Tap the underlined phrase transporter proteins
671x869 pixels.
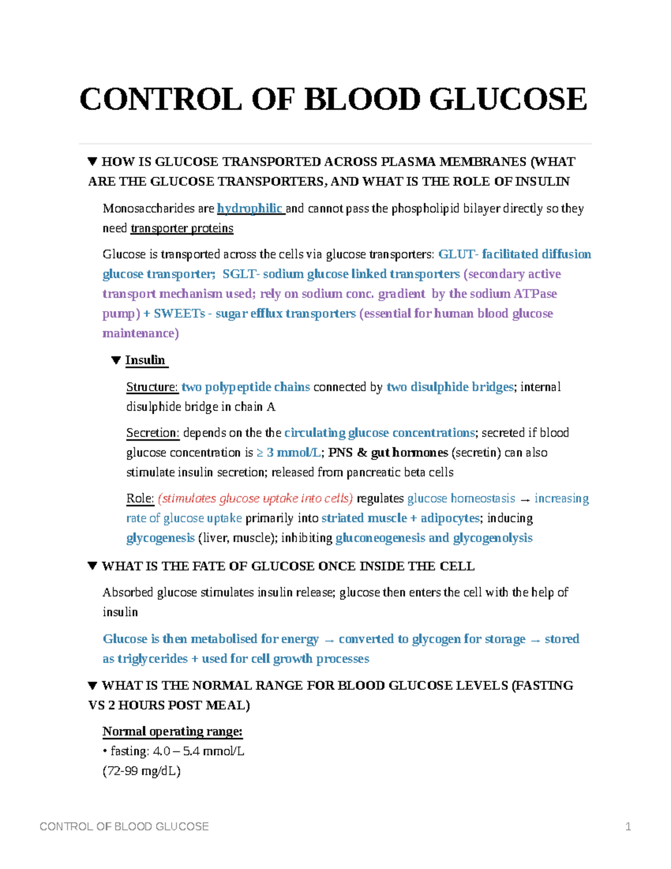(182, 228)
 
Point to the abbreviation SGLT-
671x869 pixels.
(241, 274)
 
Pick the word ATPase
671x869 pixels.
(535, 294)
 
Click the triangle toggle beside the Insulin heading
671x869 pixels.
(116, 360)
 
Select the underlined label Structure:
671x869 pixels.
(152, 387)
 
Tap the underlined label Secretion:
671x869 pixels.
(153, 433)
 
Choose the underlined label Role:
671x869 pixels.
(140, 499)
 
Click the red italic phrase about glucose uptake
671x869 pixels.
(256, 499)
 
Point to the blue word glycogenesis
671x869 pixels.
(160, 538)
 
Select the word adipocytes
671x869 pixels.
(450, 518)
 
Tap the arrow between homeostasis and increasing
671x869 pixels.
(524, 499)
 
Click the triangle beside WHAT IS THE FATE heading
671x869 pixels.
(93, 566)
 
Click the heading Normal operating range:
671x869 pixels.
(172, 732)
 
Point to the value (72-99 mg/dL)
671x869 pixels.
(141, 771)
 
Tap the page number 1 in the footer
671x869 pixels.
(628, 826)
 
